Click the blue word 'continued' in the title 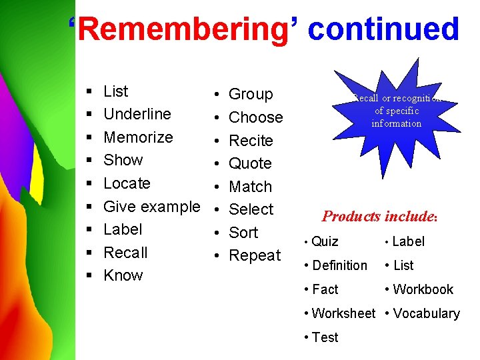(384, 29)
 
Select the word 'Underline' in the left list (137, 114)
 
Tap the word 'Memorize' (138, 137)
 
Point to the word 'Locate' (127, 183)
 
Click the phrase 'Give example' (151, 207)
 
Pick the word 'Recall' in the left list (125, 253)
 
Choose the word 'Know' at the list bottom (123, 275)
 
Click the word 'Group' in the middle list (251, 95)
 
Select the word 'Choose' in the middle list (255, 117)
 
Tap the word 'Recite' (251, 141)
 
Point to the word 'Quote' (250, 163)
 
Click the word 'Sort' (243, 233)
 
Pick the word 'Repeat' (255, 255)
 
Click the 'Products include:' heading (379, 216)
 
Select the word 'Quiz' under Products (325, 241)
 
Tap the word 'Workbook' (423, 289)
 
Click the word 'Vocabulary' (426, 313)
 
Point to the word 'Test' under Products (325, 337)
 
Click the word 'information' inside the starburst (397, 123)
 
